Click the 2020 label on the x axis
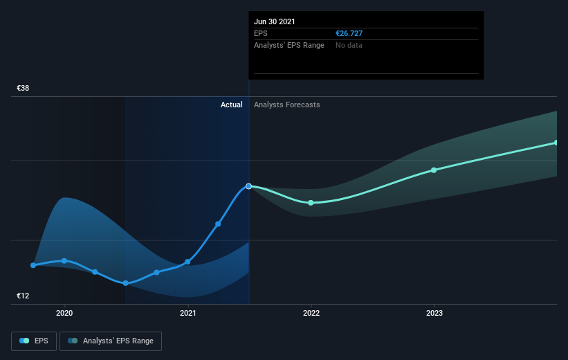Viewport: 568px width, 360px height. pyautogui.click(x=64, y=313)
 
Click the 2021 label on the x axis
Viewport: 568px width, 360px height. pyautogui.click(x=187, y=313)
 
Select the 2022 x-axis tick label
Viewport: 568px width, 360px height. pyautogui.click(x=311, y=313)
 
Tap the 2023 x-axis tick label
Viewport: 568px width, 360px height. pyautogui.click(x=434, y=313)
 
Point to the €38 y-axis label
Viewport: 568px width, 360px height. pyautogui.click(x=24, y=89)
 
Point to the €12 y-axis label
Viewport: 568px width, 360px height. pyautogui.click(x=24, y=296)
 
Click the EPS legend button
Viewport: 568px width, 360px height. pyautogui.click(x=34, y=341)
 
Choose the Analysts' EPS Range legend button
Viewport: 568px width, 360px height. pyautogui.click(x=111, y=341)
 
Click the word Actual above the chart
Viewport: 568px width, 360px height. pyautogui.click(x=232, y=105)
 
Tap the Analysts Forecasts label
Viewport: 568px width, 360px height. pyautogui.click(x=287, y=105)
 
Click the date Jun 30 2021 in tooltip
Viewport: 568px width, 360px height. pyautogui.click(x=275, y=21)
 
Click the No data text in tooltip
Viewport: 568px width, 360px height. pyautogui.click(x=349, y=45)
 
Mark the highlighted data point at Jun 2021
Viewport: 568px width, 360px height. pyautogui.click(x=249, y=186)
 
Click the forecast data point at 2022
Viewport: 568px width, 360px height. pyautogui.click(x=311, y=203)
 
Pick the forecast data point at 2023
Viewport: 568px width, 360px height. pyautogui.click(x=434, y=170)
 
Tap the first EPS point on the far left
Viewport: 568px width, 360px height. pyautogui.click(x=33, y=265)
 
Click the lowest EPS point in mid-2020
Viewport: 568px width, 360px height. pyautogui.click(x=126, y=283)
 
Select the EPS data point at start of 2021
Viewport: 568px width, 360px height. pyautogui.click(x=187, y=262)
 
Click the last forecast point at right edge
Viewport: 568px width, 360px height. pyautogui.click(x=556, y=143)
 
